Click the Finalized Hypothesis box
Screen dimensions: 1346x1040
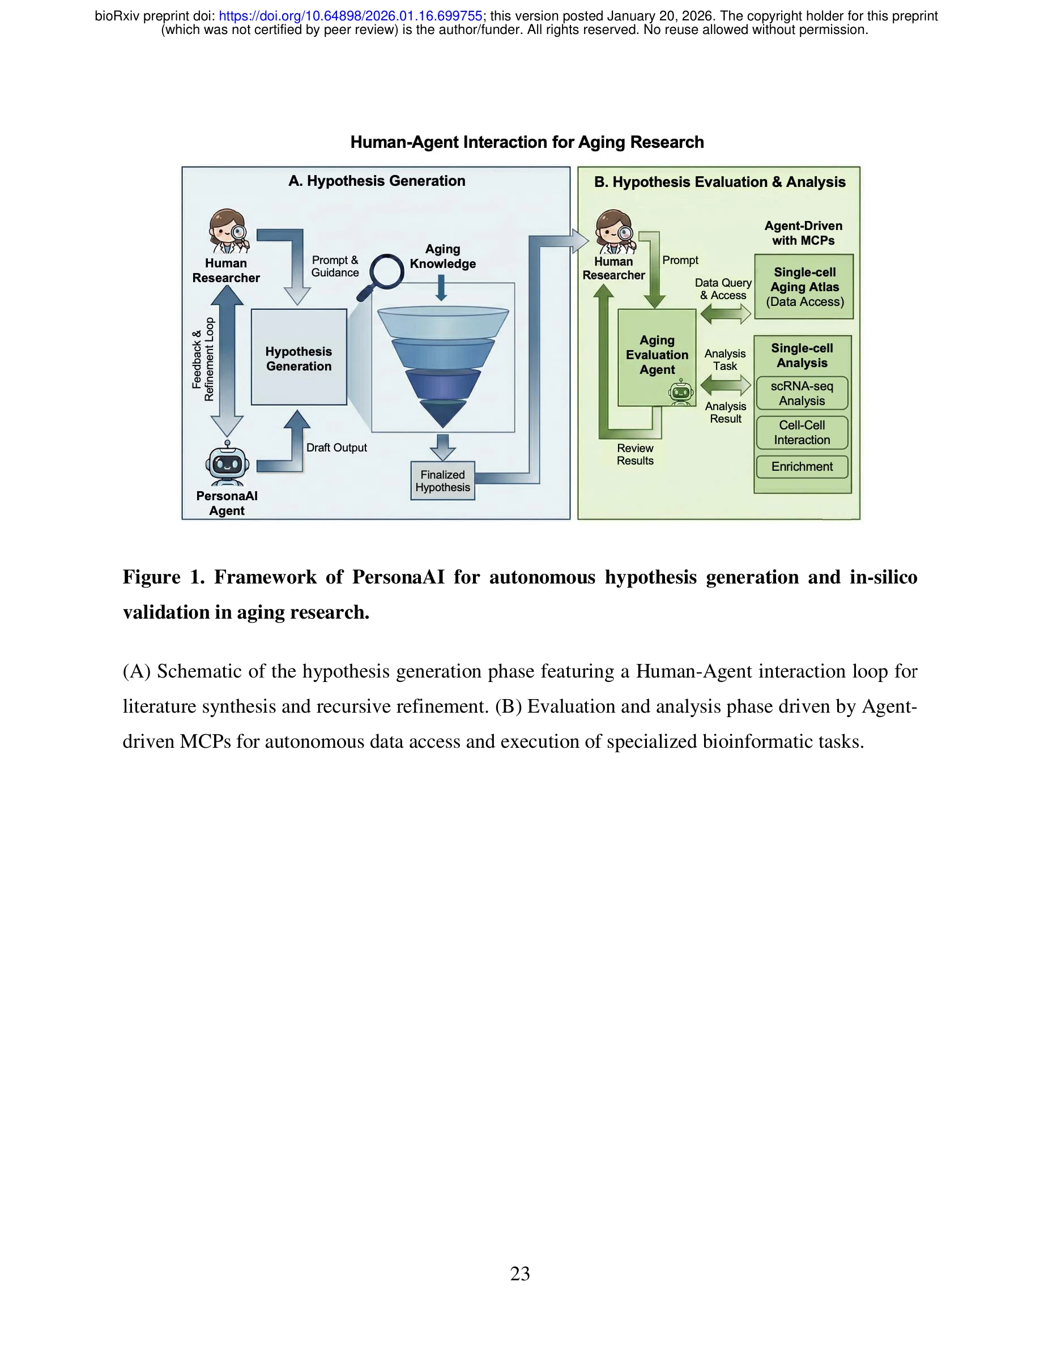[x=442, y=481]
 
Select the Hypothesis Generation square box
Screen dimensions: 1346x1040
[x=299, y=357]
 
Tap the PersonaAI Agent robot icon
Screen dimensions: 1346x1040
[x=227, y=463]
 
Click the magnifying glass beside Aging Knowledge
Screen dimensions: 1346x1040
[x=383, y=275]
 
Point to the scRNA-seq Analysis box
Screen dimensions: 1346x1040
[x=802, y=393]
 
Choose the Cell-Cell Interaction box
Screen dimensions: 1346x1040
[x=802, y=433]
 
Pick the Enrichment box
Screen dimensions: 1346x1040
[x=802, y=467]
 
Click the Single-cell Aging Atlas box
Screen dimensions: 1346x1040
[x=804, y=287]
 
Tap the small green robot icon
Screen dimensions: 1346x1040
[x=681, y=392]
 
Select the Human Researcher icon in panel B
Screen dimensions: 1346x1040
[x=615, y=232]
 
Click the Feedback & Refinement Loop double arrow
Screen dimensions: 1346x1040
[x=227, y=360]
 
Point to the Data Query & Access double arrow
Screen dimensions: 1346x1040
[x=726, y=314]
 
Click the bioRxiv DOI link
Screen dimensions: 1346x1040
[x=350, y=16]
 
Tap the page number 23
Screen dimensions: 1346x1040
[x=519, y=1273]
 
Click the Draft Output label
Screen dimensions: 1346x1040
[x=336, y=448]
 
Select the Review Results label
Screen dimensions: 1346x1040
[x=635, y=454]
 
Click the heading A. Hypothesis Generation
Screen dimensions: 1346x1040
[x=377, y=181]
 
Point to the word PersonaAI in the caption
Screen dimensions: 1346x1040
[x=398, y=577]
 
